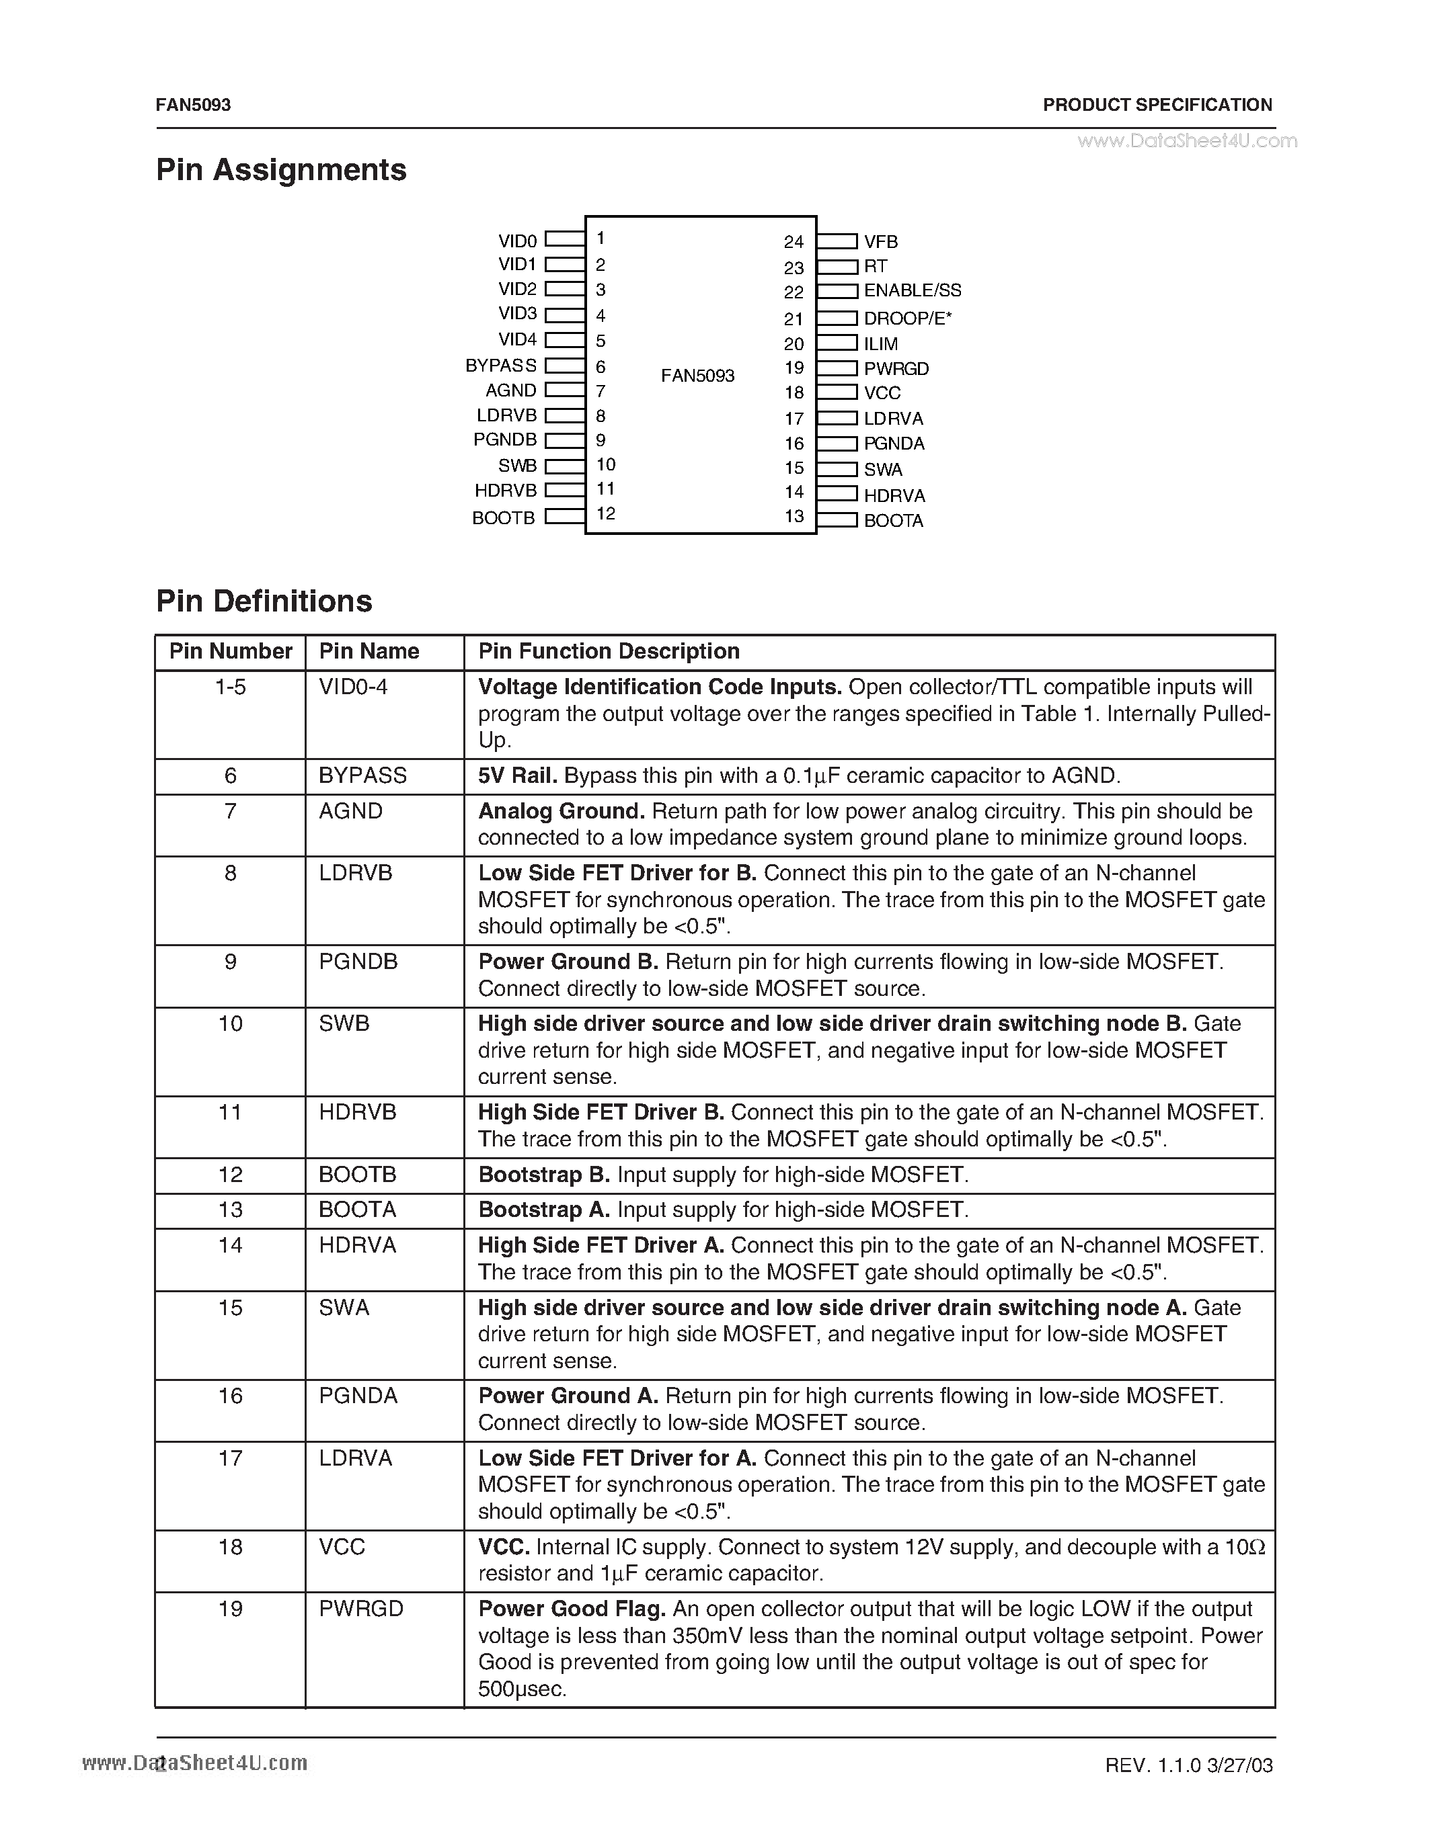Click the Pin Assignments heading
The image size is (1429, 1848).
(281, 170)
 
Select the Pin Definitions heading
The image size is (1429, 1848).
(264, 601)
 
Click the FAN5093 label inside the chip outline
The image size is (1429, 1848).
(697, 376)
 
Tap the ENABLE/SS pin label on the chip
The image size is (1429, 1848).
(912, 290)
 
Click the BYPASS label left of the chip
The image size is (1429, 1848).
(500, 366)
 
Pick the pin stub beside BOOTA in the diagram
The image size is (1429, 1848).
(837, 520)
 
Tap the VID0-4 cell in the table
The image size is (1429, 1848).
(353, 687)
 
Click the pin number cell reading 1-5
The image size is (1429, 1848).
(230, 687)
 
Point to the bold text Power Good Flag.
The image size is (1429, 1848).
(572, 1609)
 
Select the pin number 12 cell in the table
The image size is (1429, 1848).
(230, 1175)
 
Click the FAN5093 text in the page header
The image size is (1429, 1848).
(193, 105)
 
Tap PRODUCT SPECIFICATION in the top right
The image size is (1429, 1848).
(1157, 105)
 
